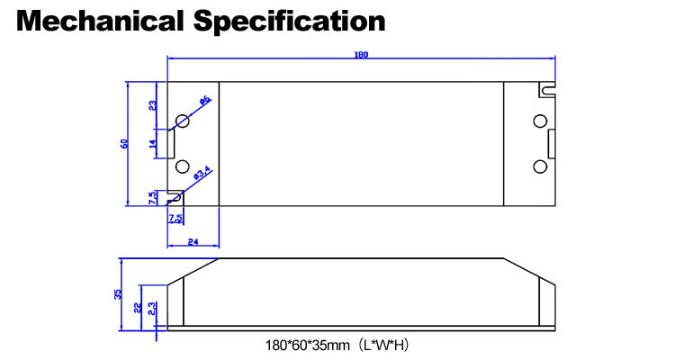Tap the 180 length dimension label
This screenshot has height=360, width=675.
point(362,55)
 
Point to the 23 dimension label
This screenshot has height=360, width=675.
point(153,105)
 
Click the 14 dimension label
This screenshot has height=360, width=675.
point(153,142)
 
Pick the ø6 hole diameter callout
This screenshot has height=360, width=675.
point(204,100)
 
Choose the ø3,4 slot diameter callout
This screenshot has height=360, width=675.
point(202,171)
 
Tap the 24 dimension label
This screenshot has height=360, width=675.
point(193,240)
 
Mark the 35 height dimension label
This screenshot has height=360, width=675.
point(118,293)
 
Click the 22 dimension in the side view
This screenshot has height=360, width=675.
point(137,307)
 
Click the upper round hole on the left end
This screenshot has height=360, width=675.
point(182,121)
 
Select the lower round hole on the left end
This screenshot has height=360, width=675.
point(182,167)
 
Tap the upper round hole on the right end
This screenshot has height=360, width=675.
point(540,121)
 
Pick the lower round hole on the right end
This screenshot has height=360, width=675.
point(540,167)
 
